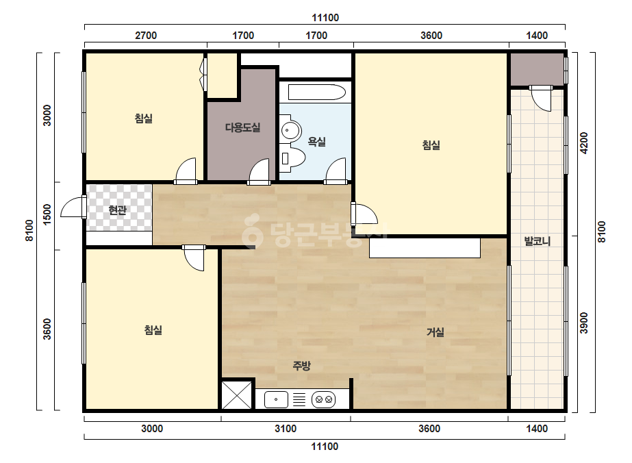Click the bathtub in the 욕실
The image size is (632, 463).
pos(317,92)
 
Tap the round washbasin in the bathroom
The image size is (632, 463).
pos(291,130)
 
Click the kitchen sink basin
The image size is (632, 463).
pos(276,400)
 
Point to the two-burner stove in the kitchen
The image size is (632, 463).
pos(324,400)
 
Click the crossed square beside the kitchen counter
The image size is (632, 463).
pos(237,395)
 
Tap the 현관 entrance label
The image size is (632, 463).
pos(118,210)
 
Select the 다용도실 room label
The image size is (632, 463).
pos(242,127)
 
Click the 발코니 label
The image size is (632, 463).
pos(538,241)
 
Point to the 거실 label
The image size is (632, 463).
pos(435,332)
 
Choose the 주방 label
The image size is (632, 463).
pos(301,366)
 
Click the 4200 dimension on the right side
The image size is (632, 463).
pos(584,142)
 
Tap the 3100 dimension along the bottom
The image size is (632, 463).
pos(286,428)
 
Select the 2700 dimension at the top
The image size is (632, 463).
pos(146,36)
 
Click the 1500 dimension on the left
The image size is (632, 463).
pos(47,215)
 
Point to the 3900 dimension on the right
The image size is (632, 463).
pos(584,323)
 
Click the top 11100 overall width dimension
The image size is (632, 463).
pos(325,18)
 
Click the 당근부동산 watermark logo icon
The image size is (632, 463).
pos(252,230)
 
